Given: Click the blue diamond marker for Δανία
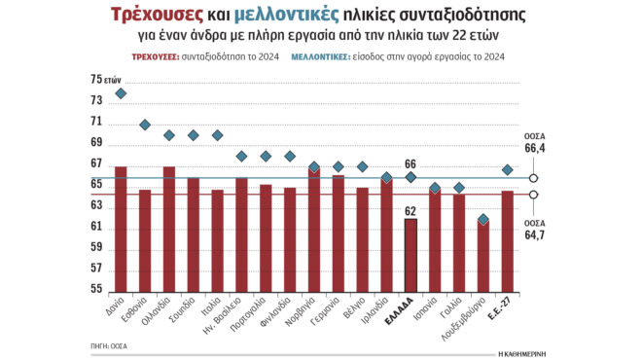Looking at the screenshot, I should pyautogui.click(x=121, y=93).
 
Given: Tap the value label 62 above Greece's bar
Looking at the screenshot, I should pyautogui.click(x=410, y=210).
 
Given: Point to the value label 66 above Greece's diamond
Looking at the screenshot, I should pyautogui.click(x=410, y=163).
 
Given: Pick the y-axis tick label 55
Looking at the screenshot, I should pyautogui.click(x=96, y=289).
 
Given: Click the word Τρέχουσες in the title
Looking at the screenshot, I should pyautogui.click(x=156, y=17).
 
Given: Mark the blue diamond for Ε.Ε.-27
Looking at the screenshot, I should pyautogui.click(x=507, y=170).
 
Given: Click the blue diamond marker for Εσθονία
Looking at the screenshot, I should pyautogui.click(x=145, y=125).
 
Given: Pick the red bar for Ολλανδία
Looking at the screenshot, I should pyautogui.click(x=169, y=229).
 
